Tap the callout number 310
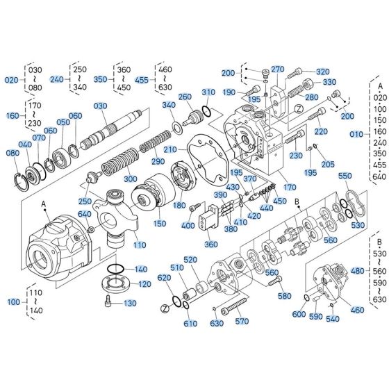(208, 92)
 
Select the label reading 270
(278, 69)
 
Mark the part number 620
(164, 278)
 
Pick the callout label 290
(158, 162)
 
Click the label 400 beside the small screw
(188, 226)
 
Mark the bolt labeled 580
(279, 283)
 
